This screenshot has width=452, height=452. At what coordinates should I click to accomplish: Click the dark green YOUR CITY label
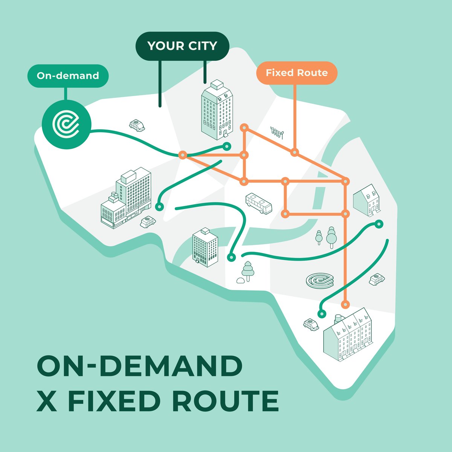pyautogui.click(x=182, y=46)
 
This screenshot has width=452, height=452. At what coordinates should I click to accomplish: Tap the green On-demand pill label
pyautogui.click(x=68, y=76)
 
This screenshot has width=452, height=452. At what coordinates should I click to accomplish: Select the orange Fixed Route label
pyautogui.click(x=296, y=73)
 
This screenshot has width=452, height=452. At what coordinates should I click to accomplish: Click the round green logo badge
pyautogui.click(x=66, y=124)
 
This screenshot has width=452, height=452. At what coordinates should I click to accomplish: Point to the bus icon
pyautogui.click(x=258, y=204)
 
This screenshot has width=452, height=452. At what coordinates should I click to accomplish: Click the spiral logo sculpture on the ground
pyautogui.click(x=320, y=280)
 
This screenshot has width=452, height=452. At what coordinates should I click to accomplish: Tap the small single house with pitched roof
pyautogui.click(x=367, y=200)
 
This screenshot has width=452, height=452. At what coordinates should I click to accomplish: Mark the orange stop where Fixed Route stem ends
pyautogui.click(x=295, y=153)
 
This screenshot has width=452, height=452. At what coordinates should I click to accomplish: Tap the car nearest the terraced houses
pyautogui.click(x=311, y=324)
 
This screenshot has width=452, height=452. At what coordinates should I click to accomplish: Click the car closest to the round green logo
pyautogui.click(x=137, y=125)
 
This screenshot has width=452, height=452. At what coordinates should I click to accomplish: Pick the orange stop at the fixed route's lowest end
pyautogui.click(x=345, y=304)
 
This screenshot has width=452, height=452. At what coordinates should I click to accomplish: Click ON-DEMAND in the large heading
pyautogui.click(x=139, y=365)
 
